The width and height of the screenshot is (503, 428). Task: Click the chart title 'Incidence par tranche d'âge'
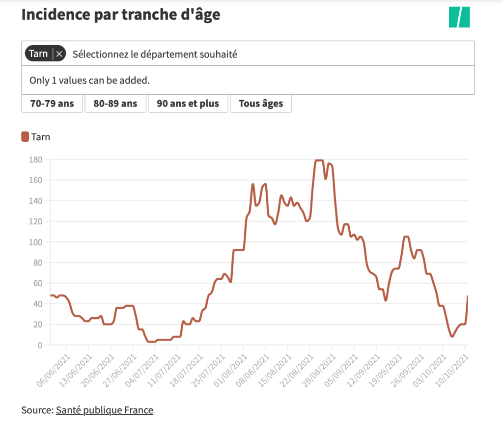121,15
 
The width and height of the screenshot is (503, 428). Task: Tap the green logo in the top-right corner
459,17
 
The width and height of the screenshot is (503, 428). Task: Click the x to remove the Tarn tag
59,54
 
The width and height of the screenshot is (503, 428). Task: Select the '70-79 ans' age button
52,104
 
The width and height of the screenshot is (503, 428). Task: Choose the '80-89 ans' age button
115,104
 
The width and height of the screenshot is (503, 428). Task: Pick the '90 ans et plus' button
188,104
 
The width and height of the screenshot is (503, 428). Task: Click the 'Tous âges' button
261,104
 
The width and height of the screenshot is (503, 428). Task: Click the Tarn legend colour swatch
25,137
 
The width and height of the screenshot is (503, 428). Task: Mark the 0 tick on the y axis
40,345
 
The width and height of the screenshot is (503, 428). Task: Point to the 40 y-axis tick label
38,304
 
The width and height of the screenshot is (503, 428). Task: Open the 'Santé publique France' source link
105,410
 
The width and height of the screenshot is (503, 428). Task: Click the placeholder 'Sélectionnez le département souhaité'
155,54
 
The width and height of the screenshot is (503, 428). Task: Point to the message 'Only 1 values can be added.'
89,80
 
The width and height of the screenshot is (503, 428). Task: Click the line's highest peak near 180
319,160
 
